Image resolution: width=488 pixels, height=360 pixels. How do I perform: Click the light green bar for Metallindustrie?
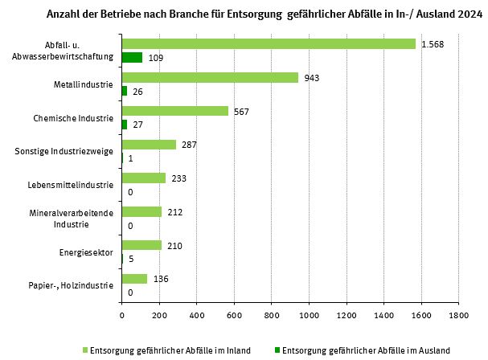[x=210, y=77]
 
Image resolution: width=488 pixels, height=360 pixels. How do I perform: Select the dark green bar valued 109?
[x=132, y=58]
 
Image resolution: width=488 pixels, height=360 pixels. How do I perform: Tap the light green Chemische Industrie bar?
[x=174, y=111]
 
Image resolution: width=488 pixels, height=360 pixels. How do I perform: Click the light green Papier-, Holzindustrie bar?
[x=134, y=279]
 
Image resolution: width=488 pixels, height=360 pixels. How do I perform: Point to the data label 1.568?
[x=433, y=43]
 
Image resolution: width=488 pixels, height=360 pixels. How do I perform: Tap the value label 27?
[x=138, y=125]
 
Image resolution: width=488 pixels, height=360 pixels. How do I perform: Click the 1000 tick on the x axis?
[x=309, y=315]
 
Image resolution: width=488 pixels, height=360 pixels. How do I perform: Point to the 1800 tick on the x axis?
[x=458, y=315]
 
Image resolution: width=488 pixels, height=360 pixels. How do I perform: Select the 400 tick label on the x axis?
[x=197, y=315]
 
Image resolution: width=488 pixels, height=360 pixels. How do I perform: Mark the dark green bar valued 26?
[x=124, y=91]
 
